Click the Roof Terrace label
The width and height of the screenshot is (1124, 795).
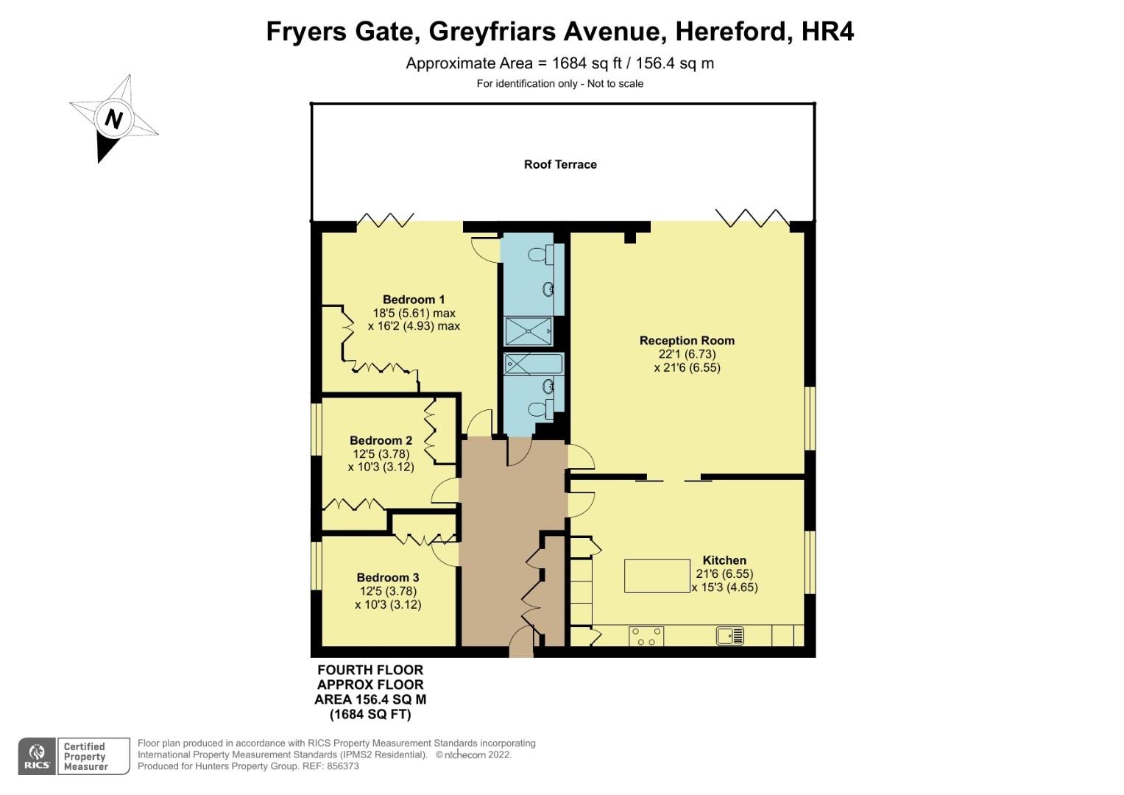(x=560, y=164)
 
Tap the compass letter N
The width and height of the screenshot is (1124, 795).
(x=113, y=119)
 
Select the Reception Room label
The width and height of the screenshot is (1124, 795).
(x=687, y=340)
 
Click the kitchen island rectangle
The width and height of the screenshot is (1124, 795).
(x=657, y=576)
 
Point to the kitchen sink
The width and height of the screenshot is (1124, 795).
(x=730, y=635)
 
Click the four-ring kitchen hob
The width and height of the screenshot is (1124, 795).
(x=646, y=636)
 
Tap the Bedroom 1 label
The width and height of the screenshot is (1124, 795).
(x=414, y=300)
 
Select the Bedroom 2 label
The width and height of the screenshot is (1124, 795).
(x=381, y=441)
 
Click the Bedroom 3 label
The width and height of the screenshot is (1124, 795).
(x=388, y=578)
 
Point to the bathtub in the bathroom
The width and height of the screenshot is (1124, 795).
(x=533, y=364)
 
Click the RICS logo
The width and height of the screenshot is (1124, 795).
(x=36, y=756)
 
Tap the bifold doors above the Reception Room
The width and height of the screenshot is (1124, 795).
(x=752, y=216)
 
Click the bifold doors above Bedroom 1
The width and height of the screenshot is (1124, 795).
(x=383, y=219)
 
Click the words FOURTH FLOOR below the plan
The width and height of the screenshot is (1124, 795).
(x=370, y=670)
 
